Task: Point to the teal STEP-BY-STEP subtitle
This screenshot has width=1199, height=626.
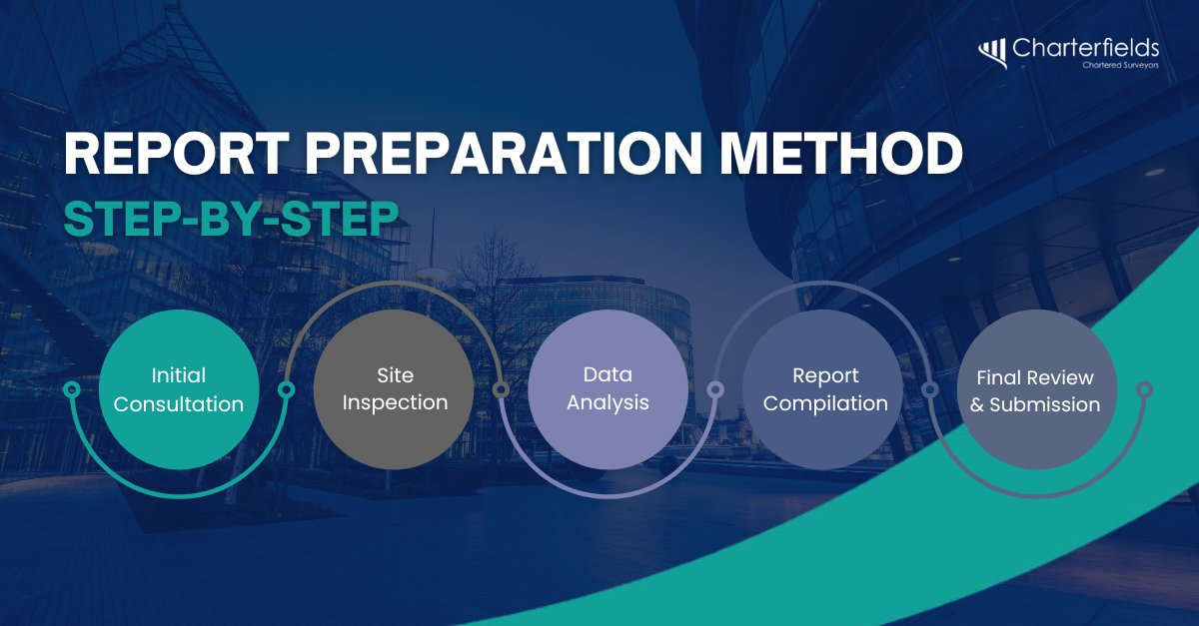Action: click(x=225, y=221)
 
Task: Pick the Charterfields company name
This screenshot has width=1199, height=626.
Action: click(x=1085, y=48)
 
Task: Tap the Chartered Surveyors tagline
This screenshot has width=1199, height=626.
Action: click(x=1120, y=66)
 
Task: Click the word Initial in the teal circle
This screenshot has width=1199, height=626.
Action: click(x=179, y=376)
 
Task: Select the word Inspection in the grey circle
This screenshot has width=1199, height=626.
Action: click(x=394, y=402)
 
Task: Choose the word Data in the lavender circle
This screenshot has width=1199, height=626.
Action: click(x=607, y=376)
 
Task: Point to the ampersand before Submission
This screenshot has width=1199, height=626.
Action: click(x=977, y=405)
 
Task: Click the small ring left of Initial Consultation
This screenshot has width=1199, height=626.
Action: click(x=71, y=389)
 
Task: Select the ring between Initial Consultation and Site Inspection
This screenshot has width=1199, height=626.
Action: click(x=286, y=389)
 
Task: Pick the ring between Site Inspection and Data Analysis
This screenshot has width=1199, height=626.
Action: click(x=501, y=389)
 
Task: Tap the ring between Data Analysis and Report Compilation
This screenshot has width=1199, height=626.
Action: click(x=715, y=389)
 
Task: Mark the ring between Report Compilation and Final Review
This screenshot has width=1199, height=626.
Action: click(x=929, y=389)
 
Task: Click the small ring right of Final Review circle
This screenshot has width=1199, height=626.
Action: click(x=1145, y=389)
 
